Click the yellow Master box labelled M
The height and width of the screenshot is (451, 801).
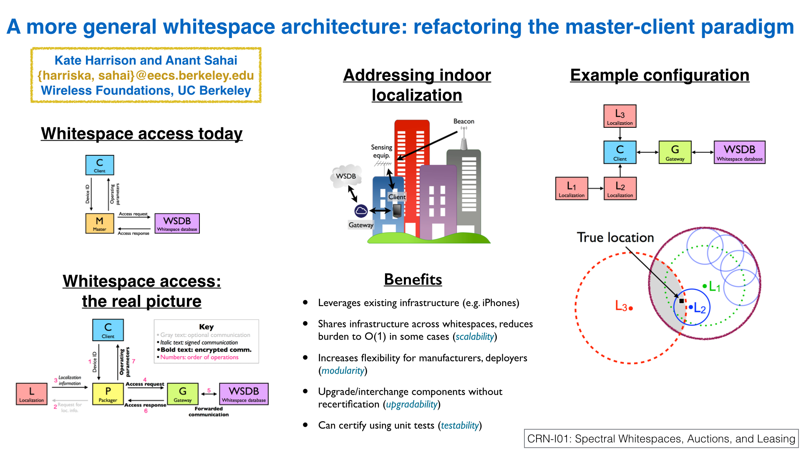(99, 223)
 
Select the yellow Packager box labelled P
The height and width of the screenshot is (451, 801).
(108, 394)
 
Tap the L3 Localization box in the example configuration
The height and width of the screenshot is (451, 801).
(620, 116)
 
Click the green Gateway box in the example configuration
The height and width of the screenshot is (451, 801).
(675, 152)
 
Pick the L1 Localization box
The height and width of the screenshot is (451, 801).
(572, 188)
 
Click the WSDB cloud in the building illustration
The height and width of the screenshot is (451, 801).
(346, 176)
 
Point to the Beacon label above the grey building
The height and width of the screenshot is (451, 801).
(463, 121)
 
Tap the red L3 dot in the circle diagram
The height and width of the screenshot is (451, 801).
(631, 308)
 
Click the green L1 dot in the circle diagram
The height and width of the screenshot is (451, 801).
(705, 286)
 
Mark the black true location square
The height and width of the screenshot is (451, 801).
(681, 301)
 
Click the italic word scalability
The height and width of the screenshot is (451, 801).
(475, 337)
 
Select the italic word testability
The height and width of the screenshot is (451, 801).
(460, 425)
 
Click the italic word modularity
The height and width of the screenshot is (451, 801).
(343, 370)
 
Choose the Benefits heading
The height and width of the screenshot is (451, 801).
(413, 279)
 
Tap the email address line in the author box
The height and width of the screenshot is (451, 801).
(146, 75)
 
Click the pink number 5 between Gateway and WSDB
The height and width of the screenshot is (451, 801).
(209, 390)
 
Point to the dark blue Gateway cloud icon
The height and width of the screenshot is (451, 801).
(361, 211)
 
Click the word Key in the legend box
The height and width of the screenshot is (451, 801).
(206, 327)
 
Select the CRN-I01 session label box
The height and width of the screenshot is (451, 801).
(661, 438)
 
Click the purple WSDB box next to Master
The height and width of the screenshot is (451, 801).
(177, 223)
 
